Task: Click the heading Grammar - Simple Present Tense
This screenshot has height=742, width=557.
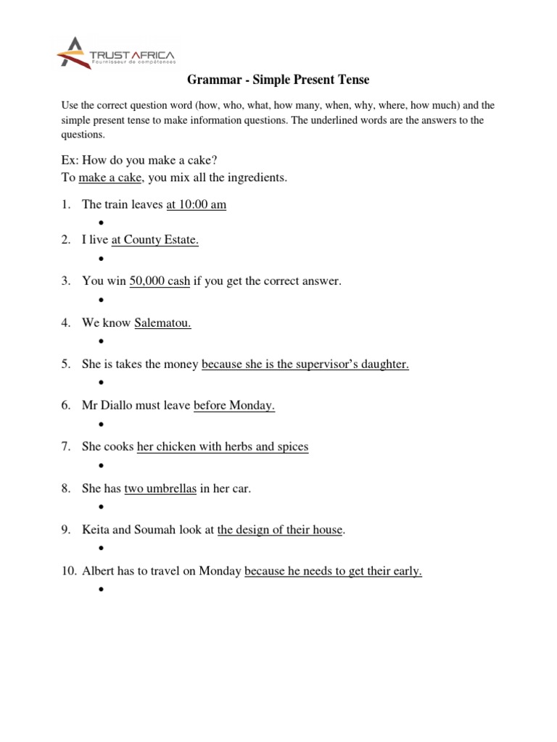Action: coord(279,79)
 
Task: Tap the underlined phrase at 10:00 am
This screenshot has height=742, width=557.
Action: coord(196,205)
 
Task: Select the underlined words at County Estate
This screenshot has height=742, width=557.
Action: coord(154,241)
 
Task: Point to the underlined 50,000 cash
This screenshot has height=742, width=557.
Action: coord(159,281)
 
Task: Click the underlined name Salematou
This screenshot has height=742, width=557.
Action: coord(162,323)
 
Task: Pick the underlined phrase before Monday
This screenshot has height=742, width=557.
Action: coord(234,406)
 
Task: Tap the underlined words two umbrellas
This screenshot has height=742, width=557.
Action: coord(160,489)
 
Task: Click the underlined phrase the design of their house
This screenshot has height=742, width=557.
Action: coord(280,530)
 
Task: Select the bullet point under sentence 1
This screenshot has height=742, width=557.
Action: coord(101,222)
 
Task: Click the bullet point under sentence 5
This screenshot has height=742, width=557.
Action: coord(101,382)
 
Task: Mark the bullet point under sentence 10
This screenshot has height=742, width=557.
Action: coord(101,590)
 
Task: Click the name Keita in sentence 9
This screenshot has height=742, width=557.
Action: coord(96,530)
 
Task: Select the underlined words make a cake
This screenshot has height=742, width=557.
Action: coord(110,178)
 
